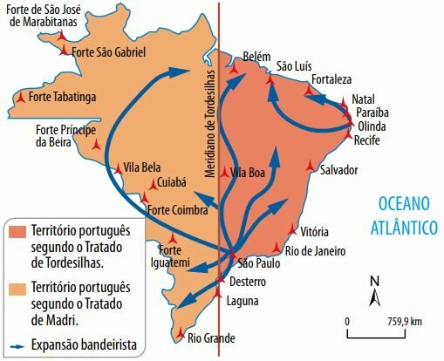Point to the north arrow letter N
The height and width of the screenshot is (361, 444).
tap(373, 281)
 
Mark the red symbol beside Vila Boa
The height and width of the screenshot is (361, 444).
tap(226, 171)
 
